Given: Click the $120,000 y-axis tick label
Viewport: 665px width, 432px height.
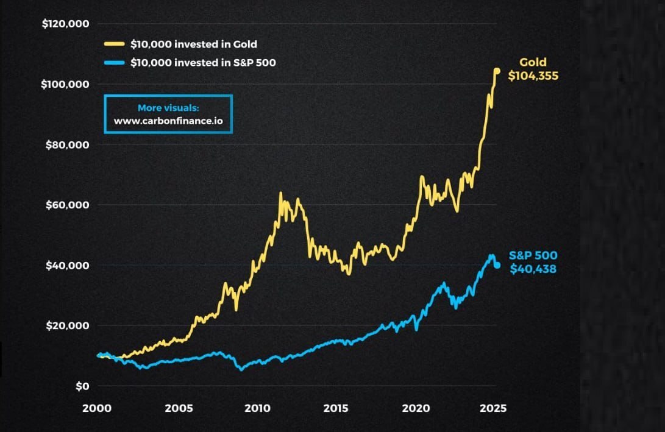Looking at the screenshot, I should click(x=65, y=24).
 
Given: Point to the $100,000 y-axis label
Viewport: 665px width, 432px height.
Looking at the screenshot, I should click(x=65, y=84).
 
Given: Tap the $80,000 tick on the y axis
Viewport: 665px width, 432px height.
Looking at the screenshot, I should click(x=68, y=145).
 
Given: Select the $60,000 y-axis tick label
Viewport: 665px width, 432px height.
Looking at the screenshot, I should click(x=68, y=205).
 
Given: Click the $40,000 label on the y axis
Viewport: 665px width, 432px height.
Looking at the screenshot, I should click(x=68, y=266).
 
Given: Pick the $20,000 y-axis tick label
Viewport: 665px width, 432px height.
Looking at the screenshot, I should click(x=68, y=325).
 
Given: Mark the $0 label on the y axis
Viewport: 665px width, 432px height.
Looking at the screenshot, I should click(x=82, y=386).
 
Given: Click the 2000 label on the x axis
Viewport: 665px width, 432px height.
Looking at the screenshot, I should click(x=97, y=408).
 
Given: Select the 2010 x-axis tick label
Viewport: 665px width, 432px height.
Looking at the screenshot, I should click(x=257, y=408).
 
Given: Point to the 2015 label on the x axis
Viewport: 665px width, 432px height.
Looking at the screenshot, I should click(x=336, y=408).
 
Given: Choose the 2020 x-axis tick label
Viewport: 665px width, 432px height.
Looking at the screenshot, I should click(x=415, y=408).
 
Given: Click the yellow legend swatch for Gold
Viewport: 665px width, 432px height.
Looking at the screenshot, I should click(x=114, y=44).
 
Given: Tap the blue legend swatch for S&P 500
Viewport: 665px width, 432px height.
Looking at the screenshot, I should click(x=114, y=62).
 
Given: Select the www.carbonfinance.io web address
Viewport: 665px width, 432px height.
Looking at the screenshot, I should click(x=168, y=121).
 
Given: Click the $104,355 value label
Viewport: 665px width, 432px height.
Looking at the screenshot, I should click(x=533, y=76).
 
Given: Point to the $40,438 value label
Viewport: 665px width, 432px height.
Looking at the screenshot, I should click(x=533, y=268).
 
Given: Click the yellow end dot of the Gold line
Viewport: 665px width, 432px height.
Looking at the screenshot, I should click(x=497, y=71).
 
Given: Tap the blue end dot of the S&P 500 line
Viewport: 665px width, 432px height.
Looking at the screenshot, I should click(x=497, y=265).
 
